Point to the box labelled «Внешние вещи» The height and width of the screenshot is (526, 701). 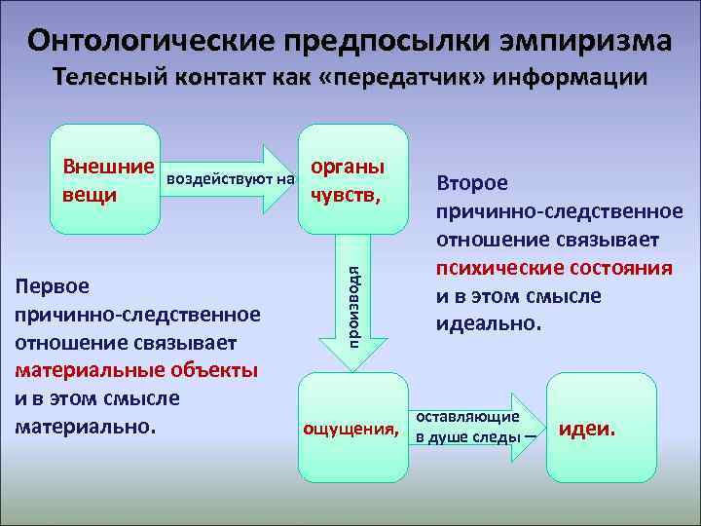[x=105, y=179]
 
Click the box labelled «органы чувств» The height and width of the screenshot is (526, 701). [x=352, y=179]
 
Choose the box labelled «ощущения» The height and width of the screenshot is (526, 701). [x=352, y=426]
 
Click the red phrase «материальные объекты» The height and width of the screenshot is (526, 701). [x=136, y=371]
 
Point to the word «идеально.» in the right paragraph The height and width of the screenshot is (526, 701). [x=487, y=322]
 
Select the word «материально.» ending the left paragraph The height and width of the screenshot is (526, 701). [x=86, y=426]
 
